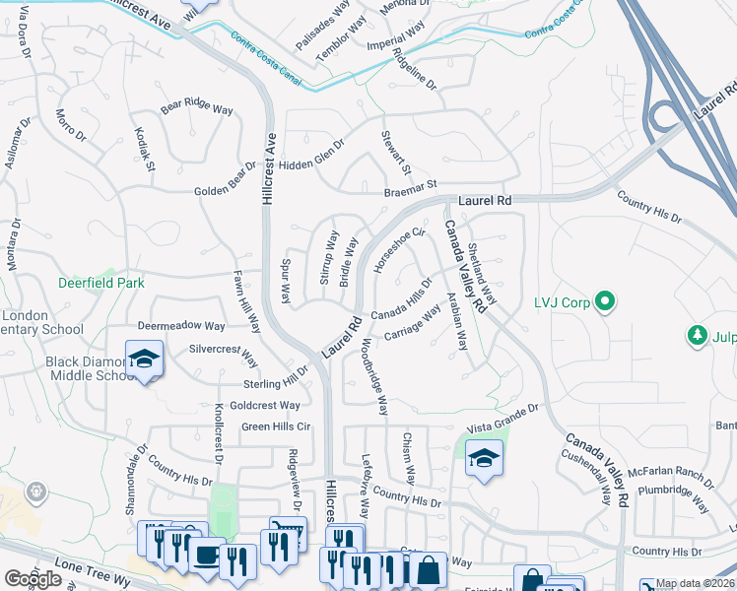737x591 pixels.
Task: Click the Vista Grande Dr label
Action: pyautogui.click(x=503, y=416)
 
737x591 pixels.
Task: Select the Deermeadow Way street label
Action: pyautogui.click(x=181, y=325)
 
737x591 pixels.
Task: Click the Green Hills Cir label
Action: pyautogui.click(x=276, y=427)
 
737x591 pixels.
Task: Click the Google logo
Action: pyautogui.click(x=33, y=579)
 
